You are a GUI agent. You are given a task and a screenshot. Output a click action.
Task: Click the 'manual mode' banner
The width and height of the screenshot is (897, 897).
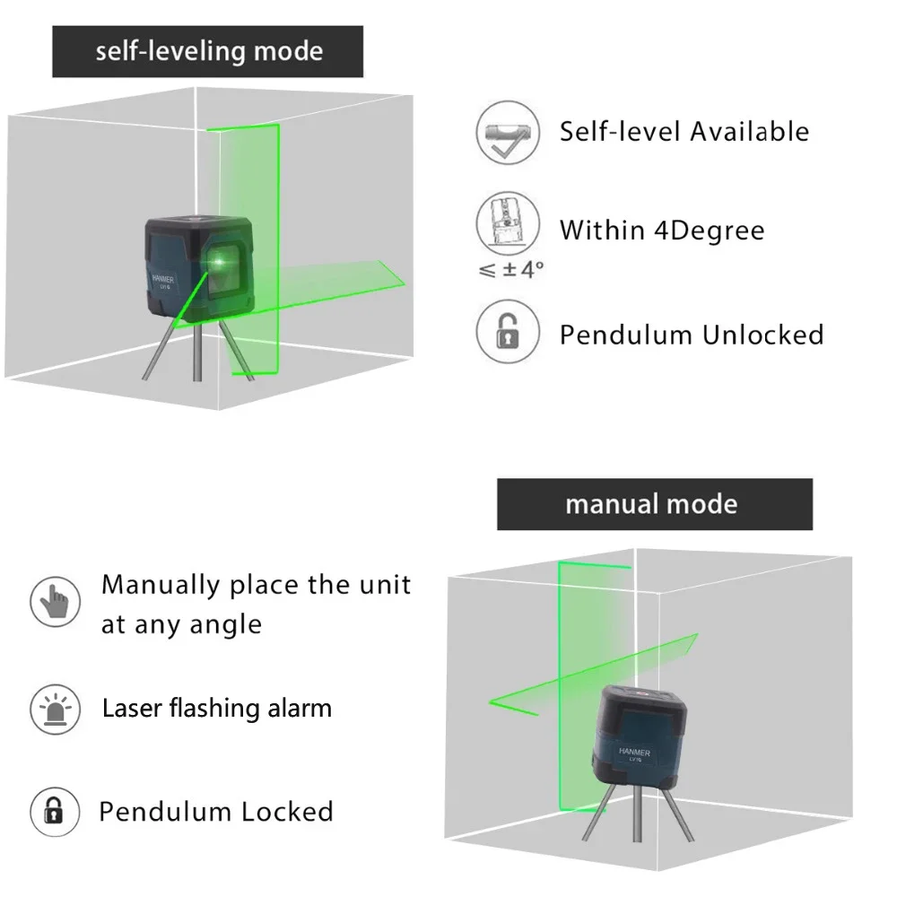(654, 504)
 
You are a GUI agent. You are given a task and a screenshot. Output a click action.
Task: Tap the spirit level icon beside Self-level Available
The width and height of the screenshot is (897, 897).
(508, 133)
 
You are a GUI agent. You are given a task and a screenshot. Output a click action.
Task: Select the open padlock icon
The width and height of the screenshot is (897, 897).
(508, 332)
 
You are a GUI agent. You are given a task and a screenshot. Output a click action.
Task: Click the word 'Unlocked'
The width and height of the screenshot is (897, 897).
(762, 335)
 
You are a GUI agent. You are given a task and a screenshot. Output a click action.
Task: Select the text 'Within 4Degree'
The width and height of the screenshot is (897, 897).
(662, 231)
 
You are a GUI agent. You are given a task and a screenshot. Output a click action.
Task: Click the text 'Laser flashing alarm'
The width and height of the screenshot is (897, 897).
(217, 709)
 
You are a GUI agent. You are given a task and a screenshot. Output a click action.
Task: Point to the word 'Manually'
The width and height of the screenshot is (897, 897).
(161, 585)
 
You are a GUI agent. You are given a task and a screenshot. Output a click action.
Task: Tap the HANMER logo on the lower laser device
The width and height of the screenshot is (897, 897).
(634, 753)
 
